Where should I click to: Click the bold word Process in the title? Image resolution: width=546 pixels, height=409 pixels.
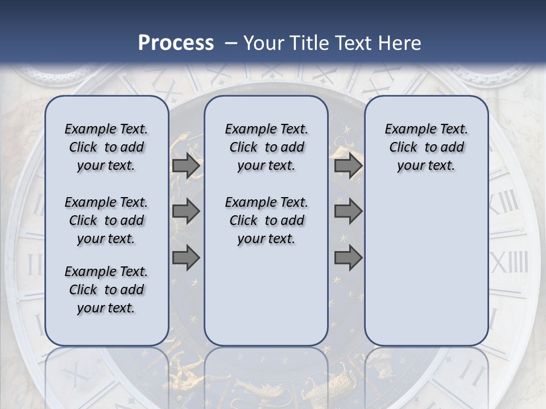pos(175,43)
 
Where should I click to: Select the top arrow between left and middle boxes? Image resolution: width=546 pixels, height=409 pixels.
pos(186,166)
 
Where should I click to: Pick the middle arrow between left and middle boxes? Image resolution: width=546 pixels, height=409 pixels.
pos(186,212)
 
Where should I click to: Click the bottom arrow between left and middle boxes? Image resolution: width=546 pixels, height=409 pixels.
pos(186,258)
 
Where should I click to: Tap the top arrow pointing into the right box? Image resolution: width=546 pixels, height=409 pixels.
pos(348,166)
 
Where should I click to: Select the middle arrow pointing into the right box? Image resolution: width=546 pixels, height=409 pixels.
pos(348,212)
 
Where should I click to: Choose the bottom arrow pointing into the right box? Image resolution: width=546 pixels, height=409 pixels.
pos(348,258)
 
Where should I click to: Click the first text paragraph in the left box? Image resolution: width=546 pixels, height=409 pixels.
pos(106,147)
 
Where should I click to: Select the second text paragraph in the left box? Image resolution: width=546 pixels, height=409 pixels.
pos(106,220)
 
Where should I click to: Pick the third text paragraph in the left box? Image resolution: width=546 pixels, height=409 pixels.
pos(106,290)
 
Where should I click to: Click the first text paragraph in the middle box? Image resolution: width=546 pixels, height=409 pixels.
pos(266,147)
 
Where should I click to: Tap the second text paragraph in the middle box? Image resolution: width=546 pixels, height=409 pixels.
pos(266,220)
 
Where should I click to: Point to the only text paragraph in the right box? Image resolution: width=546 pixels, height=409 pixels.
pos(426,147)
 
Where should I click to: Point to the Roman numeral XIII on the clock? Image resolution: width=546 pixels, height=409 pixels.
pos(504,203)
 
